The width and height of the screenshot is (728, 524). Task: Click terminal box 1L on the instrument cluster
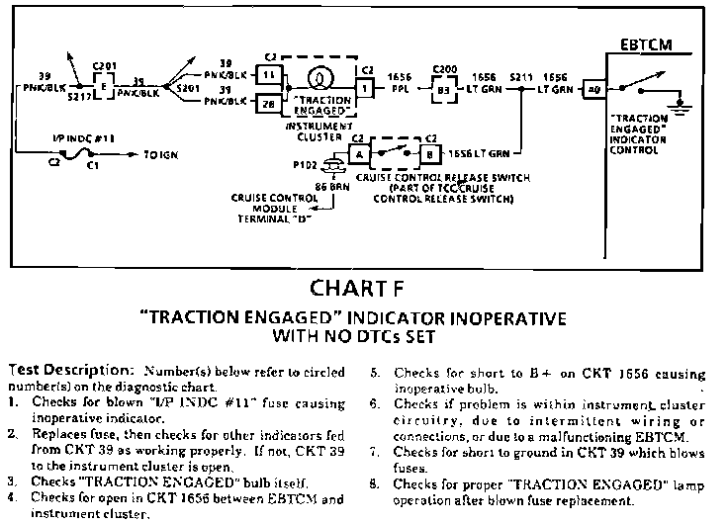click(x=268, y=75)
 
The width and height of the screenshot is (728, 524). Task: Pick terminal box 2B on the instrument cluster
click(x=268, y=102)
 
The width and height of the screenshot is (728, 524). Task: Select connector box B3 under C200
click(x=442, y=89)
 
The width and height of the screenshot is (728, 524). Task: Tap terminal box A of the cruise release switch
click(x=361, y=153)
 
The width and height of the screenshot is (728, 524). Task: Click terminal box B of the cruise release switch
click(x=430, y=153)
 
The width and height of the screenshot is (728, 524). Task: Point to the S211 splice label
click(x=520, y=74)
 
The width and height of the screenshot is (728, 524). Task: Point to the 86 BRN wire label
click(x=329, y=186)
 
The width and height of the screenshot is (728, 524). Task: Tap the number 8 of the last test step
click(x=373, y=484)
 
